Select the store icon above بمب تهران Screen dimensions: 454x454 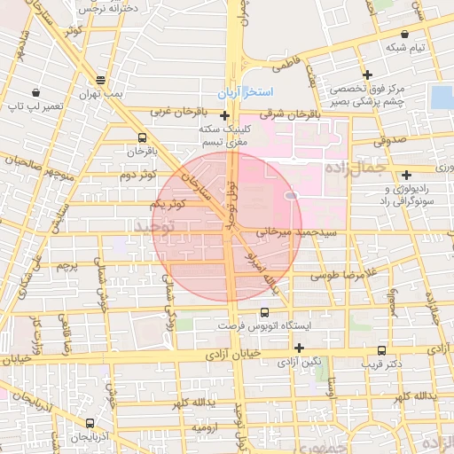pyautogui.click(x=101, y=79)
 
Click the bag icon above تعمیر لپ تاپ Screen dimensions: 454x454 pyautogui.click(x=35, y=92)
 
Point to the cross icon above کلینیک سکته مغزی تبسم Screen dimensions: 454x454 pyautogui.click(x=224, y=115)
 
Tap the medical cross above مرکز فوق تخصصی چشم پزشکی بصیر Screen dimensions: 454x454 pyautogui.click(x=366, y=74)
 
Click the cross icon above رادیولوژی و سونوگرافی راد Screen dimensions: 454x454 pyautogui.click(x=406, y=175)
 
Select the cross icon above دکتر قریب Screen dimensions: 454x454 pyautogui.click(x=381, y=350)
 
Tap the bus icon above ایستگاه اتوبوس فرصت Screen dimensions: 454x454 pyautogui.click(x=264, y=312)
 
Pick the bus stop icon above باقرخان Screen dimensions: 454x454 pyautogui.click(x=143, y=137)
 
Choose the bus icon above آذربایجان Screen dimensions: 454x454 pyautogui.click(x=89, y=423)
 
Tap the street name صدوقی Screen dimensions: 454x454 pyautogui.click(x=388, y=139)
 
